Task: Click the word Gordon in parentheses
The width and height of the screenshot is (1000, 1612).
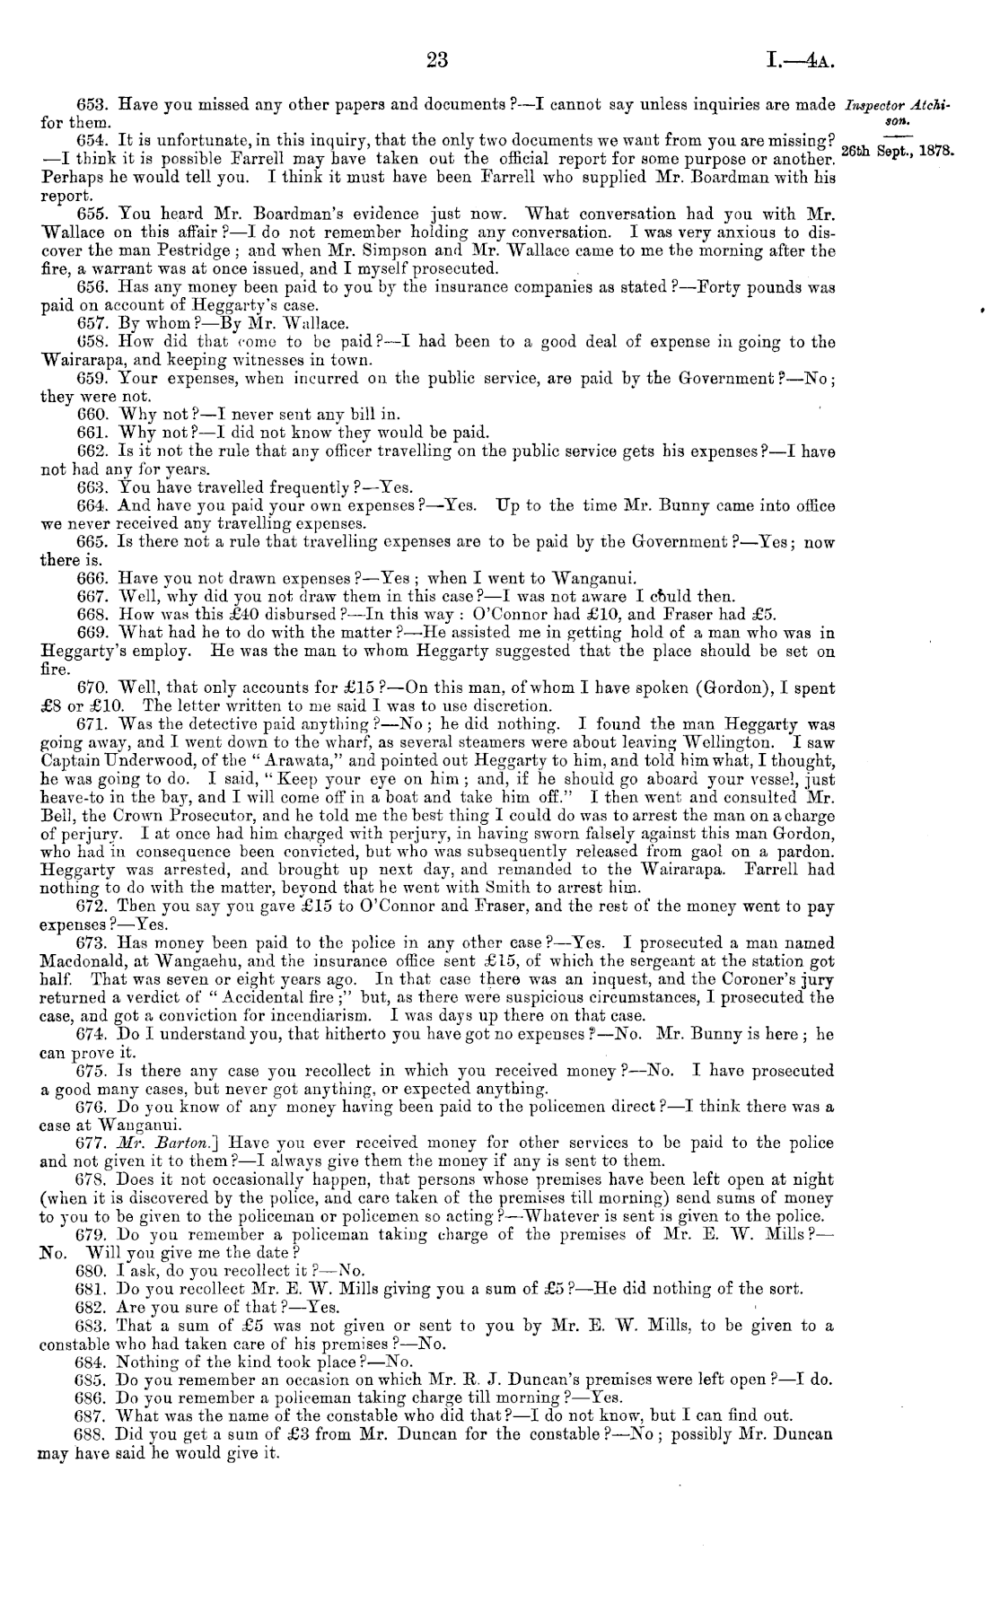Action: point(636,688)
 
